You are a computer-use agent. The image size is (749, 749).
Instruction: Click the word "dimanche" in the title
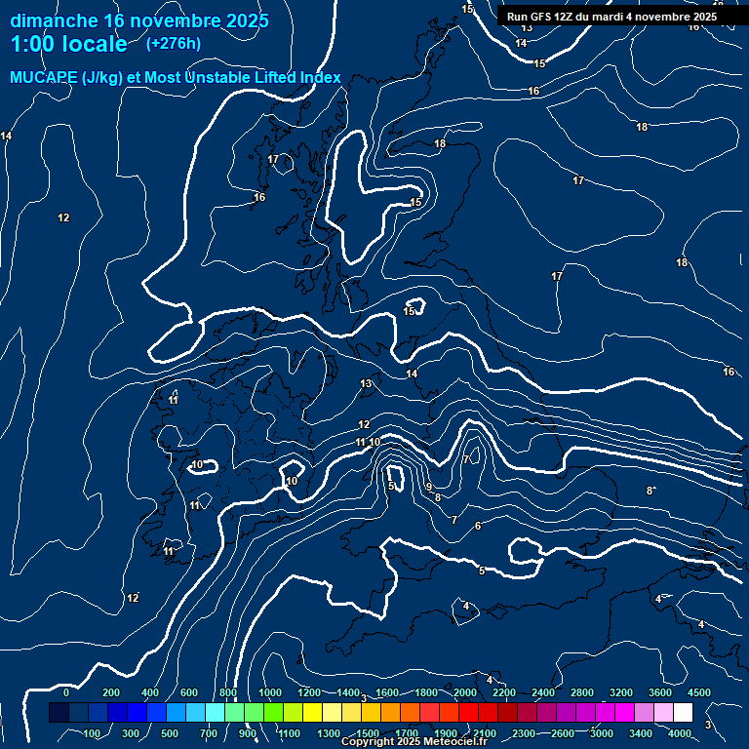pyautogui.click(x=54, y=20)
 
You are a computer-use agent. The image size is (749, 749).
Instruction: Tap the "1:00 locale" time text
pyautogui.click(x=68, y=44)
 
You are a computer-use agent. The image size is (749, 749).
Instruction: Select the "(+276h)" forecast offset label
pyautogui.click(x=174, y=43)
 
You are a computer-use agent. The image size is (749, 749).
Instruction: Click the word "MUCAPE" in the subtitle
pyautogui.click(x=44, y=77)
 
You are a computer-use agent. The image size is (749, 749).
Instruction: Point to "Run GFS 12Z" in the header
pyautogui.click(x=542, y=17)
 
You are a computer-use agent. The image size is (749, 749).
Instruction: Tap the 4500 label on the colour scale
pyautogui.click(x=699, y=692)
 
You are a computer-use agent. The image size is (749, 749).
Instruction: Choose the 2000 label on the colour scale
pyautogui.click(x=465, y=692)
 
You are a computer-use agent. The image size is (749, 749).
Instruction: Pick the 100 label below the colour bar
pyautogui.click(x=93, y=733)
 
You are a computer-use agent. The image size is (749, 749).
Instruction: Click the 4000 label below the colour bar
pyautogui.click(x=680, y=733)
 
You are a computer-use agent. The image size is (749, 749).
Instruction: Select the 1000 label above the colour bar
pyautogui.click(x=270, y=692)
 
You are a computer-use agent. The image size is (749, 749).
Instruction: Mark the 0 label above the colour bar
pyautogui.click(x=66, y=692)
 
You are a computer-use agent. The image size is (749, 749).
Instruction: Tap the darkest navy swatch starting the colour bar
pyautogui.click(x=59, y=713)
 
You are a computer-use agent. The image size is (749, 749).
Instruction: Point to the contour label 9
pyautogui.click(x=428, y=487)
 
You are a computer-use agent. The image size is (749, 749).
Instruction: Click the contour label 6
pyautogui.click(x=477, y=526)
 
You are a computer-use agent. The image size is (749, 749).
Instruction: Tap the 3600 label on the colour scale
pyautogui.click(x=660, y=692)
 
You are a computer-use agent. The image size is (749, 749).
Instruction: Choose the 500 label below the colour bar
pyautogui.click(x=170, y=733)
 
